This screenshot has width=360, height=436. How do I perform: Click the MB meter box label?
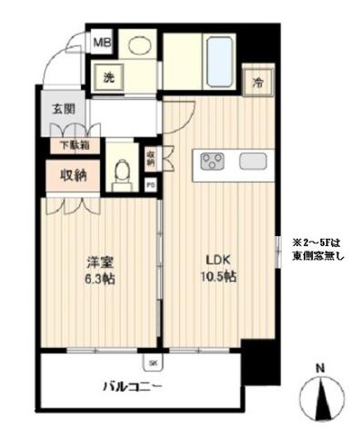point(104,42)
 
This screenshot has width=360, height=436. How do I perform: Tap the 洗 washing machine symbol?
point(107,76)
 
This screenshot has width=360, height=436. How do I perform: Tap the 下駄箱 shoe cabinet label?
point(75,144)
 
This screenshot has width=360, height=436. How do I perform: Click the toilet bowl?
point(121,175)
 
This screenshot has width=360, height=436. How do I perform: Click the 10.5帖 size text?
point(216,278)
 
